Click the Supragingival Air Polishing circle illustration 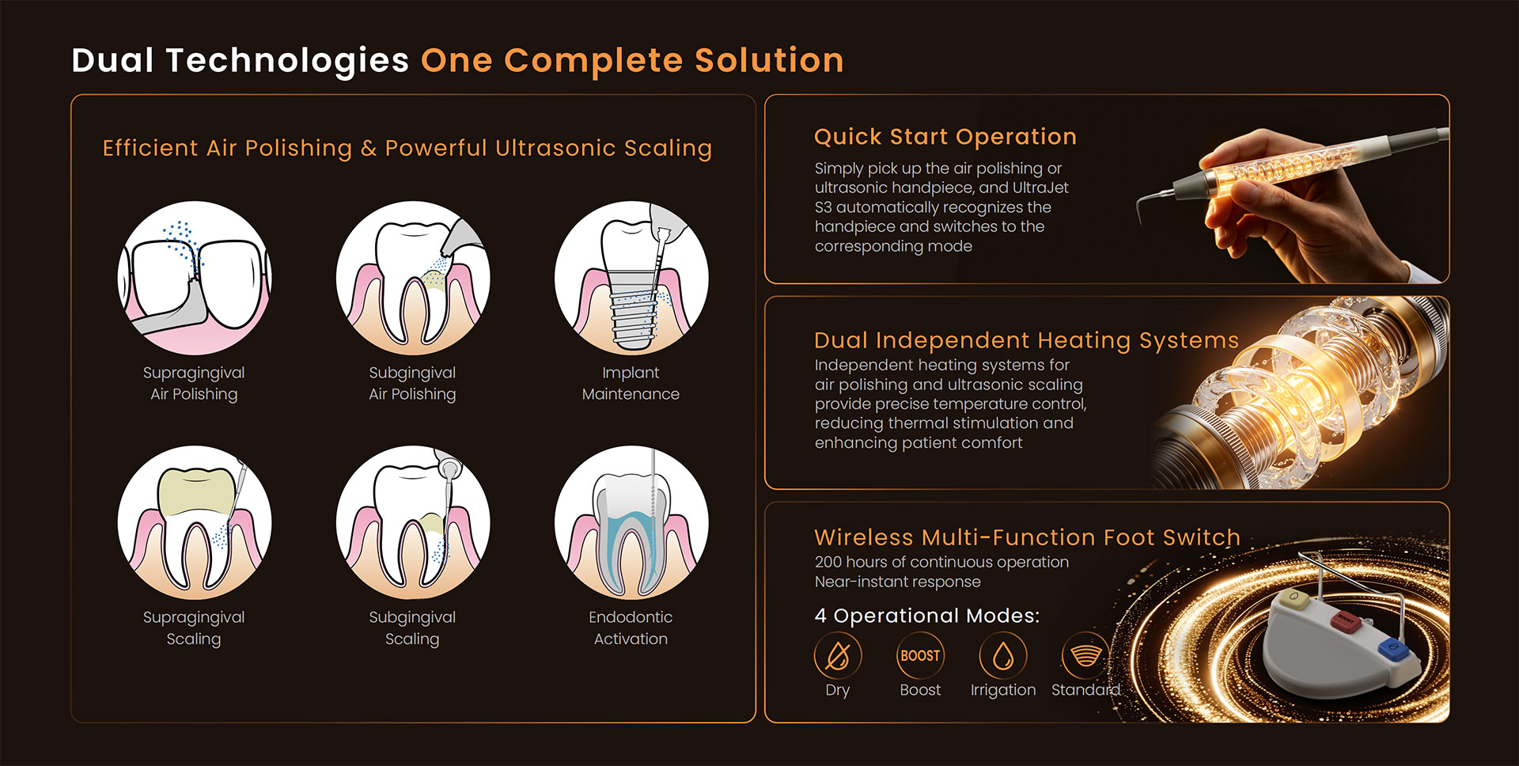(x=194, y=278)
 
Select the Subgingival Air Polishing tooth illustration (x=412, y=278)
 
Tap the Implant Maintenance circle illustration (x=631, y=278)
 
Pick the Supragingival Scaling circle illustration (x=194, y=522)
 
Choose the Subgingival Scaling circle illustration (x=412, y=522)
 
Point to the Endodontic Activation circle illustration (x=631, y=522)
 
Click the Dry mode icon (x=838, y=656)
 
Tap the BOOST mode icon (x=920, y=656)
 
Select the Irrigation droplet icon (x=1003, y=656)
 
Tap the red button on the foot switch (x=1346, y=621)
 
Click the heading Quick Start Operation (x=945, y=137)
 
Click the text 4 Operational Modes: (x=927, y=616)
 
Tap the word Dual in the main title (x=113, y=60)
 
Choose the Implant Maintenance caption (x=631, y=383)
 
